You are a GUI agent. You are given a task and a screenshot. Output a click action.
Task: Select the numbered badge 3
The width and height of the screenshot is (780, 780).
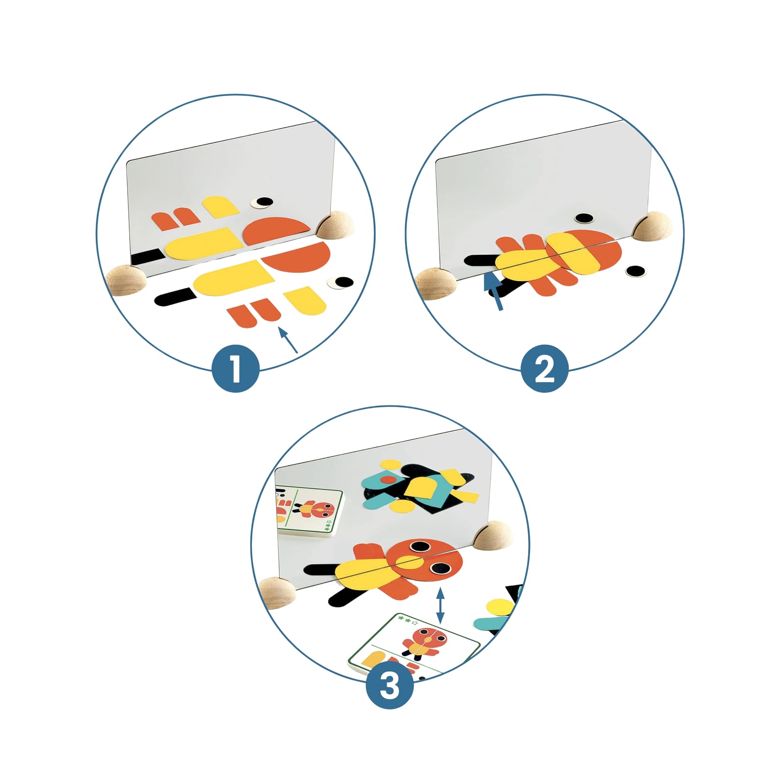coord(390,684)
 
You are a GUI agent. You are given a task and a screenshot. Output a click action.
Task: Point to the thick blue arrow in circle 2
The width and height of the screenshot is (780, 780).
coord(494,292)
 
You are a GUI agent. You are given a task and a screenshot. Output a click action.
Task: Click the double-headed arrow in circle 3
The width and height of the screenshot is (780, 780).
coord(441,605)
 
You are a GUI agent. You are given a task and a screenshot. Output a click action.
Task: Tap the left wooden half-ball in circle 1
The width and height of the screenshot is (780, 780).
coord(126,280)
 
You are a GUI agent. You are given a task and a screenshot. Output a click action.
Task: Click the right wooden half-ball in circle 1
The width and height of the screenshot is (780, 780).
coord(335,225)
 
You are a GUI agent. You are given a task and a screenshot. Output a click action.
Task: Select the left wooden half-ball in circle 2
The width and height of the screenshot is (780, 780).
coord(436,283)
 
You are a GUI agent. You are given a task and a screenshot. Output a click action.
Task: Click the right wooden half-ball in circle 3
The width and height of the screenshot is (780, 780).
coord(494,535)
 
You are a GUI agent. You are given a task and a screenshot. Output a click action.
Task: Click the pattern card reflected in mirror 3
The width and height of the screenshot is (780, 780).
coord(309,511)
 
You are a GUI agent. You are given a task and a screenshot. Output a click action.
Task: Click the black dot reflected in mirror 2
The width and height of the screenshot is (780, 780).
coord(584,218)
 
